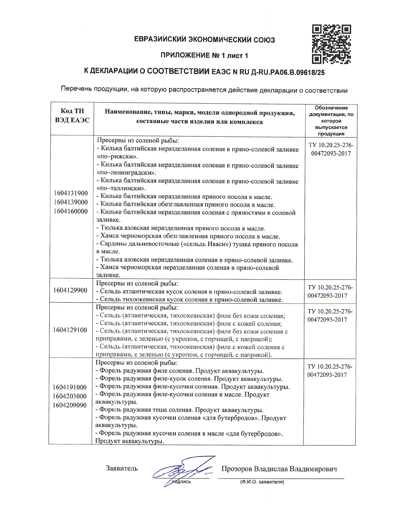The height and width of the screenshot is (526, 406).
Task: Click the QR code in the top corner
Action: point(331,44)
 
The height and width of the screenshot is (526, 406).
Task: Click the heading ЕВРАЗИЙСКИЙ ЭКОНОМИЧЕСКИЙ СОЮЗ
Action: point(204,40)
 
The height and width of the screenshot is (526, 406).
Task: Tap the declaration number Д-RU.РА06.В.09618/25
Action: point(288,72)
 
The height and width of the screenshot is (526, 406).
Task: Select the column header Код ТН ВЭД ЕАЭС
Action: point(72,115)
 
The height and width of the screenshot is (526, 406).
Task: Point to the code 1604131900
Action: point(71,193)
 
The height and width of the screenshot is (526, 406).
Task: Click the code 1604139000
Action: point(71,202)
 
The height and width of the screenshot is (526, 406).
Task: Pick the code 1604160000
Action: point(71,211)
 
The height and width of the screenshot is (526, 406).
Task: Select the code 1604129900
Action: point(70,290)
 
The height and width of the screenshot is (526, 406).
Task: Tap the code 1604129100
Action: point(70,330)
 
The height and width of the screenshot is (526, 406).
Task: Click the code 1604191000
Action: point(70,387)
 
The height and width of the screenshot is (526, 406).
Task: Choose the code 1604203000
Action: point(70,396)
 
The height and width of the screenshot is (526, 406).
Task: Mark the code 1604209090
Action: point(70,405)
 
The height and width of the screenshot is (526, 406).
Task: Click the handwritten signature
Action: point(183,471)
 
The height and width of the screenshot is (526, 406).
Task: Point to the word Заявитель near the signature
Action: point(122,468)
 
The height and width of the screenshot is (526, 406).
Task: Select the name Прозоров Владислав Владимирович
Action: point(279,469)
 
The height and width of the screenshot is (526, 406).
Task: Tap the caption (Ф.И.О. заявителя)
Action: point(262,482)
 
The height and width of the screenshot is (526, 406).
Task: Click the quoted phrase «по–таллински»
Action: point(121,188)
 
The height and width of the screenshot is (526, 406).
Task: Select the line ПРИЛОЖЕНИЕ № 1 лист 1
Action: point(204,56)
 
